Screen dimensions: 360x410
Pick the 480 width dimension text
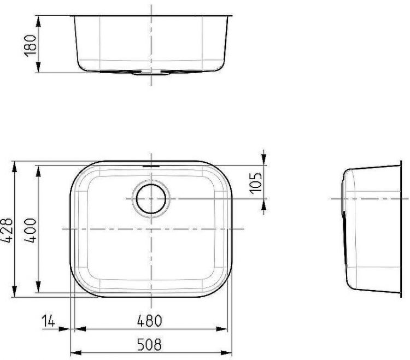(150, 321)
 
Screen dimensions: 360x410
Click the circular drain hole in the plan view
(150, 198)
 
